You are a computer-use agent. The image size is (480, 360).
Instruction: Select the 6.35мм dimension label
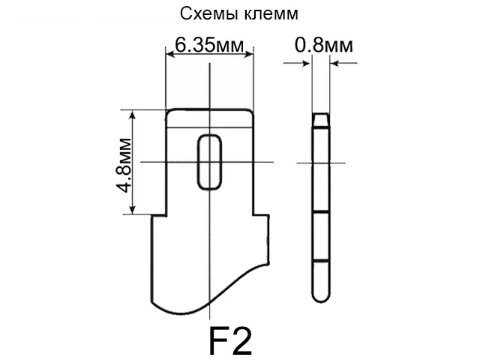coord(210,46)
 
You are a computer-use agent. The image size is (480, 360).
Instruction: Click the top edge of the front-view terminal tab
coord(210,109)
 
